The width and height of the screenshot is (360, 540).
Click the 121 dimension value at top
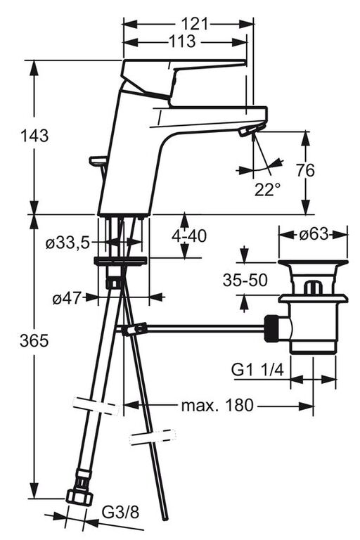[195, 24]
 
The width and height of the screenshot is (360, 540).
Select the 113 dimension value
[182, 41]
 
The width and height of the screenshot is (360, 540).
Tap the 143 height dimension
[34, 135]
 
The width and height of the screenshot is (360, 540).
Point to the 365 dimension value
[34, 341]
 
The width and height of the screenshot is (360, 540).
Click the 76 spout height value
[305, 170]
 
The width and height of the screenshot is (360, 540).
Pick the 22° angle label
[267, 189]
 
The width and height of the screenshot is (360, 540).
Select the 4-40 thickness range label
[189, 236]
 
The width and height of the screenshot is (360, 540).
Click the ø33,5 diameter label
[67, 243]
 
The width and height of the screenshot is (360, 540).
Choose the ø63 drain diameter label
[314, 234]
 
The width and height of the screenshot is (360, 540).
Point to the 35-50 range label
[245, 281]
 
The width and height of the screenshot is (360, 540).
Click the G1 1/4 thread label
[257, 371]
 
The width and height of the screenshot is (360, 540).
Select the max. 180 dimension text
[217, 405]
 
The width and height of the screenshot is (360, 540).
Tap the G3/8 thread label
[120, 513]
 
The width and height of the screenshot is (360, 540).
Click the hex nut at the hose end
[79, 498]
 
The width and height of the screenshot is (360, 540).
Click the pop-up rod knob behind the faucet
[98, 160]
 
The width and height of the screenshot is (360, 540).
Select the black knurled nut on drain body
[271, 328]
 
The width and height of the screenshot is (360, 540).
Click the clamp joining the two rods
[135, 329]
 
